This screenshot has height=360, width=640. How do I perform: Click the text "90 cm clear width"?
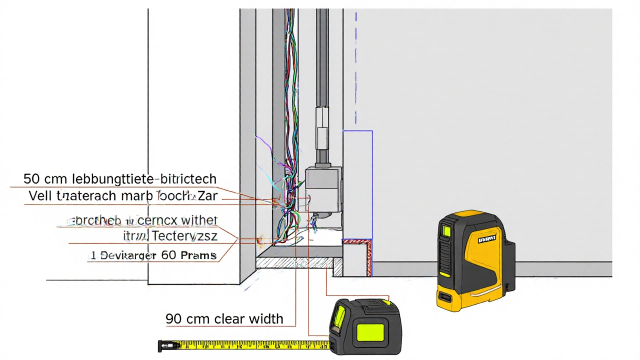224,318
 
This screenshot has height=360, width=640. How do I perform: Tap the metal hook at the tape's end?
161,344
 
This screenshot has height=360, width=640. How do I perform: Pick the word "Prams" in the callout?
199,255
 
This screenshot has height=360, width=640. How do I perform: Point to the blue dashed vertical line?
356,70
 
